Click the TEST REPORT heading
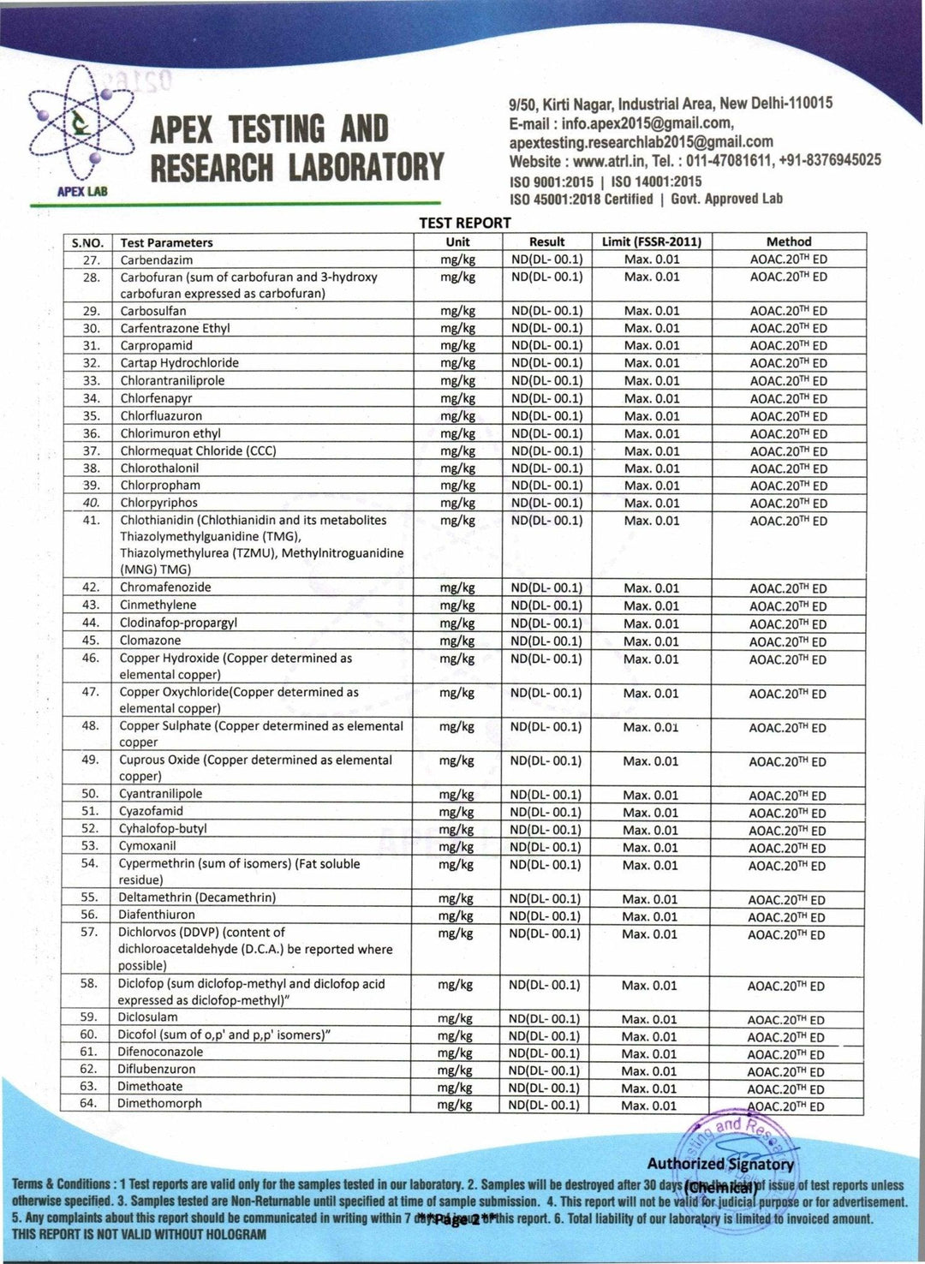point(464,223)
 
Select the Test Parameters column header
point(166,242)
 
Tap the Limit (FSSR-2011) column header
point(651,242)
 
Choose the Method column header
point(788,242)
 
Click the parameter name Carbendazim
point(157,259)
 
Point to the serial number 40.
point(91,503)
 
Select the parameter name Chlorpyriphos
point(158,503)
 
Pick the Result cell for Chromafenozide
point(546,587)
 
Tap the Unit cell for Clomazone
point(457,641)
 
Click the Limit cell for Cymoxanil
point(650,847)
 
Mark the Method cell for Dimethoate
point(785,1088)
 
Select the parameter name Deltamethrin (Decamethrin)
point(197,897)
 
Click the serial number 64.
point(89,1104)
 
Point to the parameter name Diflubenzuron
point(157,1069)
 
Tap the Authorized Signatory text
point(720,1164)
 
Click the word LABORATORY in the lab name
point(366,167)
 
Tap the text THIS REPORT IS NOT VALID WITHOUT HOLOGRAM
point(139,1234)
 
